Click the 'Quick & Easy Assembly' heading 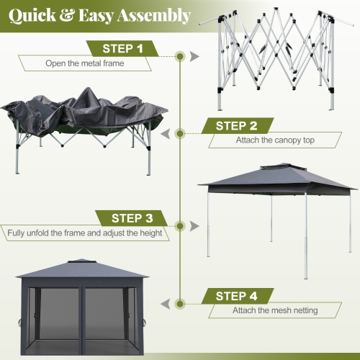pyautogui.click(x=100, y=15)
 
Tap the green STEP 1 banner pyautogui.click(x=124, y=48)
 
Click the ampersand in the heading pyautogui.click(x=70, y=16)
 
